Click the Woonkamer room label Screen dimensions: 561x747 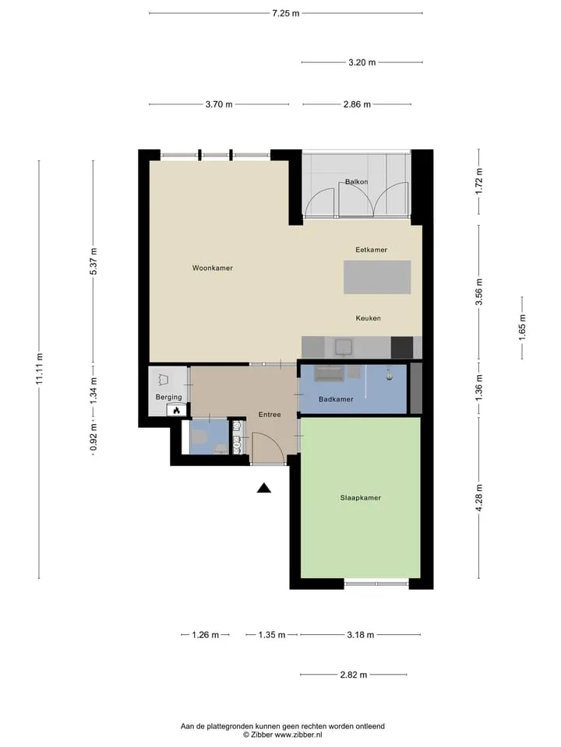click(x=212, y=268)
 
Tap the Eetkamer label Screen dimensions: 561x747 click(x=371, y=250)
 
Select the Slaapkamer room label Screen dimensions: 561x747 click(x=360, y=498)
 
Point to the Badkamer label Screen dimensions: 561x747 click(x=336, y=399)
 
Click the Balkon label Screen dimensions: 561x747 click(x=356, y=181)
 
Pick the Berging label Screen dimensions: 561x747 click(x=168, y=398)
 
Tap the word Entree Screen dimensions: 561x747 click(x=270, y=415)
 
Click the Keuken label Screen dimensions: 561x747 click(x=369, y=318)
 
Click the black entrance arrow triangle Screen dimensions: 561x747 click(x=264, y=488)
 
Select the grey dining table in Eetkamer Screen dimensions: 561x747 click(x=377, y=277)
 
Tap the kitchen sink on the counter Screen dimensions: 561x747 click(x=344, y=346)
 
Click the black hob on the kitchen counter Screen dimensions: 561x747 click(x=402, y=347)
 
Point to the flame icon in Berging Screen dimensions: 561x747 click(x=176, y=410)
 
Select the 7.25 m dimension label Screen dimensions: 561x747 click(x=286, y=13)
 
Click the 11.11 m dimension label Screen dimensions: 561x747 click(x=40, y=369)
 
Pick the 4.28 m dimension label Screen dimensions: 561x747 click(x=479, y=497)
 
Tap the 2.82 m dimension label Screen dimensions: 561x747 click(x=354, y=675)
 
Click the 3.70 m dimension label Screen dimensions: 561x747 click(x=219, y=104)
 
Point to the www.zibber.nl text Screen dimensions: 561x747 click(x=298, y=735)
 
